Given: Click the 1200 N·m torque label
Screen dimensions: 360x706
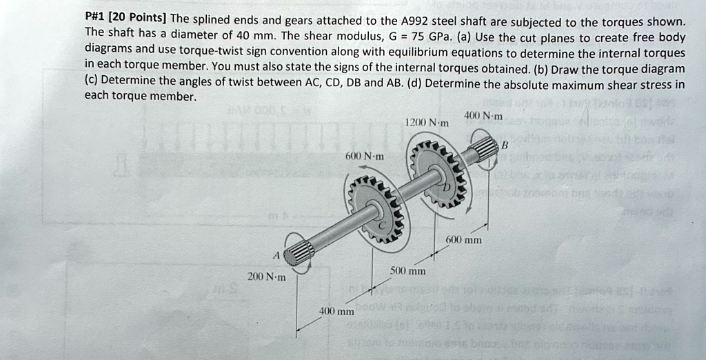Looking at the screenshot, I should coord(427,122).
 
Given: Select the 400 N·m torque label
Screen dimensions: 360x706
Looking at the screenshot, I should coord(483,115).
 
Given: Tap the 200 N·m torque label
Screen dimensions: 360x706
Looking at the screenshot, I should coord(266,277).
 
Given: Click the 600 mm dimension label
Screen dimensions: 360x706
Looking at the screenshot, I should coord(463,240).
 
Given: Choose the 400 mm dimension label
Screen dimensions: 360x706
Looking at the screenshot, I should coord(336,311).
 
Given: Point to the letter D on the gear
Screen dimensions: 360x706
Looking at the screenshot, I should coord(445,188).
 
